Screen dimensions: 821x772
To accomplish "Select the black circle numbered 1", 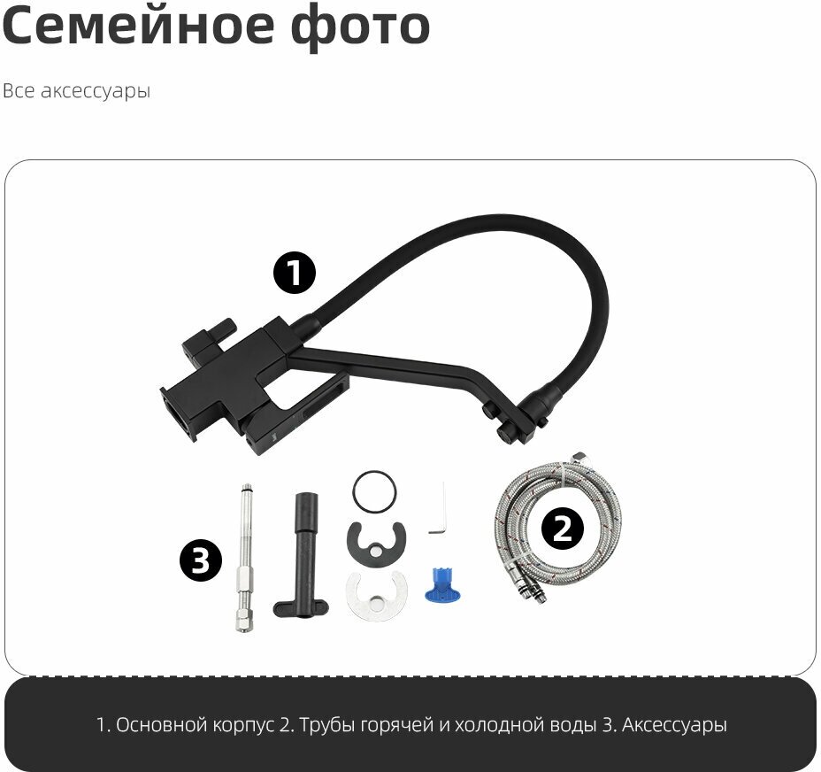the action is click(x=295, y=273).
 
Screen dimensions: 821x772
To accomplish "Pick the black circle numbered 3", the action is click(x=201, y=560).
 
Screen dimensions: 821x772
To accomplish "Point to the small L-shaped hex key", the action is click(x=438, y=511).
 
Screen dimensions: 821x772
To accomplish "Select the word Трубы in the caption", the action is click(x=326, y=725).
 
